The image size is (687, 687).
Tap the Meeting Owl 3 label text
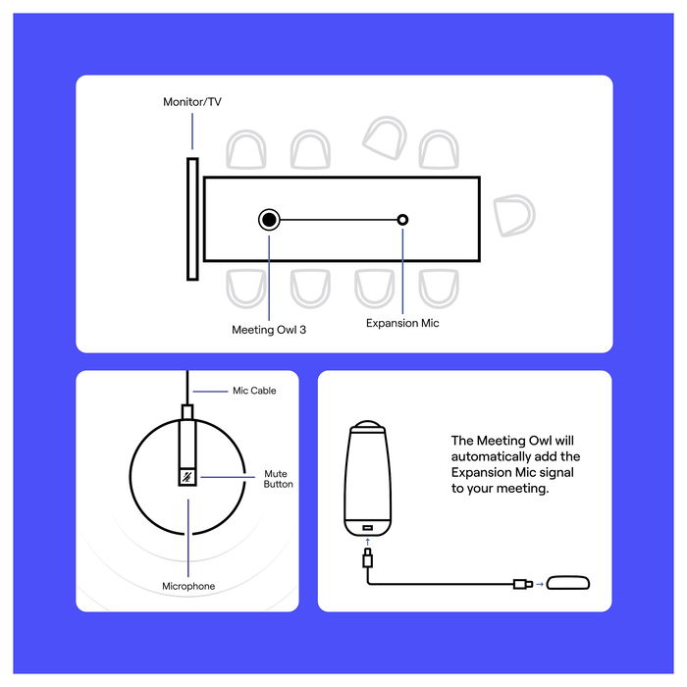click(x=269, y=330)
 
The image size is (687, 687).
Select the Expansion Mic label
click(x=402, y=322)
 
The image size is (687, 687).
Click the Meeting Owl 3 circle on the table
click(x=269, y=220)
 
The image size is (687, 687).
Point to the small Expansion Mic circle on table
click(x=402, y=220)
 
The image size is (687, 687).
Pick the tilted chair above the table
click(x=385, y=136)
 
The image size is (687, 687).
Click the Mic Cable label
click(x=254, y=391)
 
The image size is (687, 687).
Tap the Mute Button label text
click(x=278, y=479)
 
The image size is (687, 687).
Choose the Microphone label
click(x=188, y=586)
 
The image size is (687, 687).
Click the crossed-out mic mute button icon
click(x=186, y=477)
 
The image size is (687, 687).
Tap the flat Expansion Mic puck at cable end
click(x=568, y=585)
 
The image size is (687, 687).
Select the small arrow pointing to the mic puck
click(x=538, y=586)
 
